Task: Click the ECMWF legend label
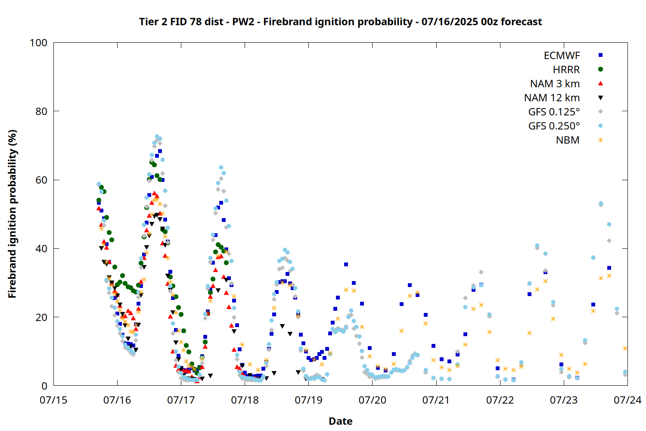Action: tap(562, 56)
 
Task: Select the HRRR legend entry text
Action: tap(566, 69)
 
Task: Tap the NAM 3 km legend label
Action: tap(555, 84)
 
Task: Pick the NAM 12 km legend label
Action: tap(552, 98)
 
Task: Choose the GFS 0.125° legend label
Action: tap(554, 112)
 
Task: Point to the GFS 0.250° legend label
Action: tap(554, 126)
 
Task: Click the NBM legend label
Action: tap(568, 140)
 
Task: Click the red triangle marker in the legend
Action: tap(600, 84)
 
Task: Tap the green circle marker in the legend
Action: tap(600, 69)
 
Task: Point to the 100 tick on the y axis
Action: tap(38, 43)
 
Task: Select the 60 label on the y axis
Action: tap(41, 180)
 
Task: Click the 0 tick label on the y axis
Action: tap(44, 386)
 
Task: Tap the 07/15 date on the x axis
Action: tap(53, 400)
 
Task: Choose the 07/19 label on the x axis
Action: tap(309, 400)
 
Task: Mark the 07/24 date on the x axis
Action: tap(627, 400)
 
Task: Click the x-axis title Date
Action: tap(341, 421)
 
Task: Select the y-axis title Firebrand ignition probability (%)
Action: tap(12, 214)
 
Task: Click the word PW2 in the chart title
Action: tap(243, 22)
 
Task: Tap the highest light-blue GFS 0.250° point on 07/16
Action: tap(157, 137)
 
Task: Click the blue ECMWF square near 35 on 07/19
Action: tap(346, 265)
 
